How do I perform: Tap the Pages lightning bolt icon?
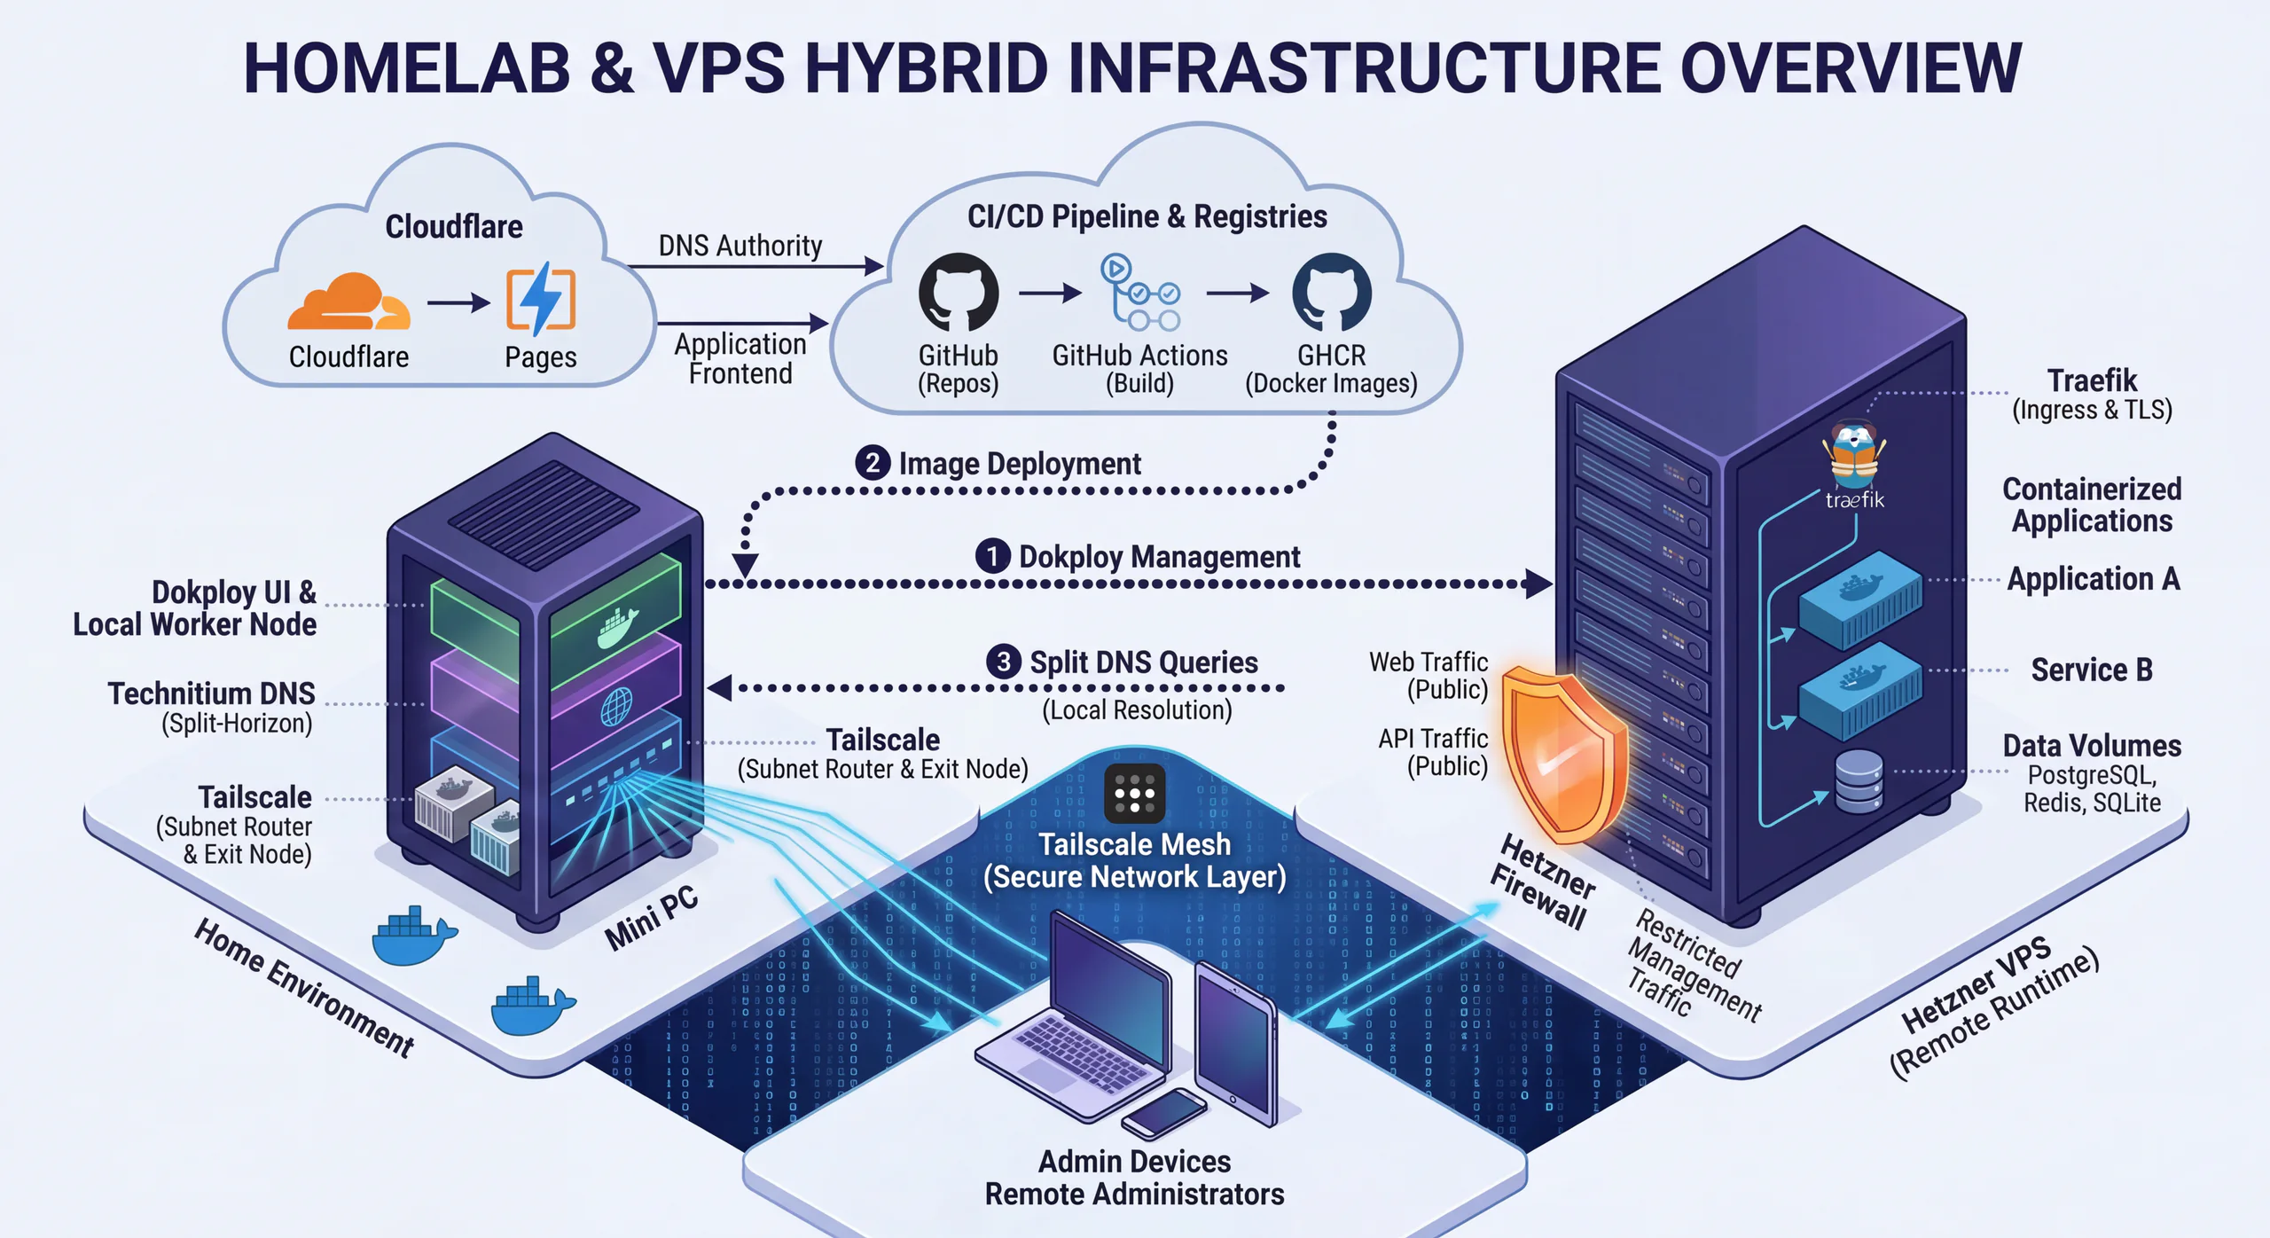540,299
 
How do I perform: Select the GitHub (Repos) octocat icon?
958,292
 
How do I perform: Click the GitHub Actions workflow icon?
1139,293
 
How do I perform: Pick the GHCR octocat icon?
1331,292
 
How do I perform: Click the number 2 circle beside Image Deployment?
873,463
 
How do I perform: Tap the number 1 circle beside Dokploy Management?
992,556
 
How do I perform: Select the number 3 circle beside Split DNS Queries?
1003,662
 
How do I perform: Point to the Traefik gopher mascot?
1854,456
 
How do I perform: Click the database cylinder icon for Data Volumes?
1859,781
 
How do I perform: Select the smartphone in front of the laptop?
1164,1113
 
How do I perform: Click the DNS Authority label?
740,246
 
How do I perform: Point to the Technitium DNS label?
211,693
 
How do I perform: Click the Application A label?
2093,579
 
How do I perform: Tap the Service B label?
2091,670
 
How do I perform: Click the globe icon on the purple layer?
616,707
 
